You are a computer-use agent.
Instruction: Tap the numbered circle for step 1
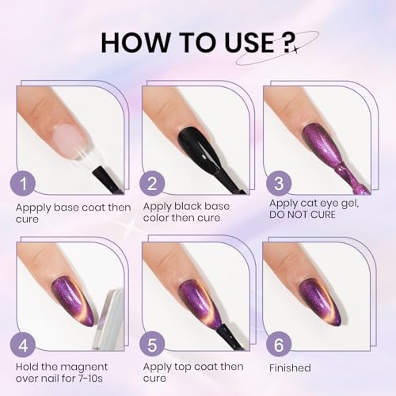pyautogui.click(x=27, y=184)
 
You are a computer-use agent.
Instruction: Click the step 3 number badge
pyautogui.click(x=276, y=184)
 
